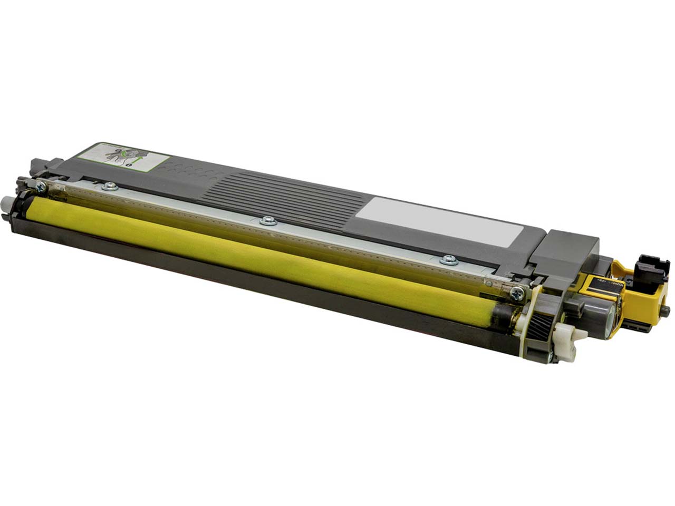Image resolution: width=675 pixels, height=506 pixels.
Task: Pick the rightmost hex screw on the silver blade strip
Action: pyautogui.click(x=449, y=259)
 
